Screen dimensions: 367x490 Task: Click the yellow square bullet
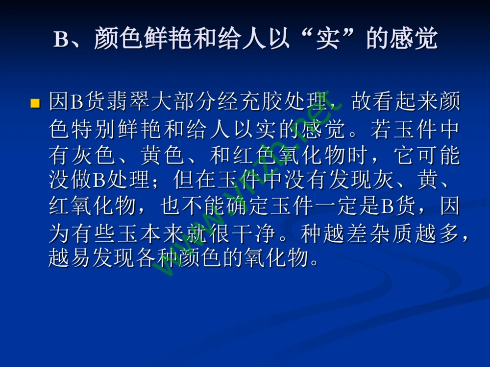point(35,104)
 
